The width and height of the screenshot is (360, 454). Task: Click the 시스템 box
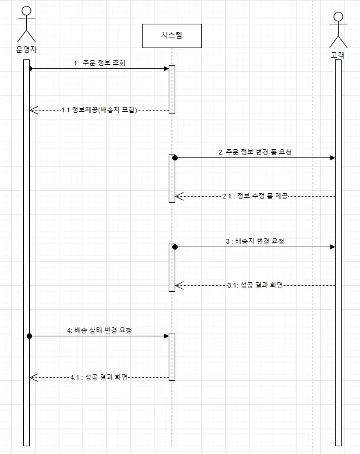(x=172, y=36)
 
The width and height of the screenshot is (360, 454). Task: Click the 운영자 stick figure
(x=26, y=24)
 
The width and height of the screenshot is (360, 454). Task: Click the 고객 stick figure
(x=338, y=29)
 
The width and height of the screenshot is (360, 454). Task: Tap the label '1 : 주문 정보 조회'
(x=99, y=62)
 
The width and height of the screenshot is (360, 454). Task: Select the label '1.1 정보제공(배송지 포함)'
(x=100, y=110)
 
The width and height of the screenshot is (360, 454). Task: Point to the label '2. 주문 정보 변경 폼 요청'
(x=255, y=152)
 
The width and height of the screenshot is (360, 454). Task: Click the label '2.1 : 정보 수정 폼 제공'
(x=255, y=196)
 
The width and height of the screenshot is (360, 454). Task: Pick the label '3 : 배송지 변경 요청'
(x=255, y=241)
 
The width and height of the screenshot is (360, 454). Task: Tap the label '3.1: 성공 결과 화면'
(x=255, y=285)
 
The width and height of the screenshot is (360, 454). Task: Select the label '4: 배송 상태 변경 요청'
(x=99, y=330)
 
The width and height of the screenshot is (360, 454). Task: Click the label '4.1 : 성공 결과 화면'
(x=99, y=377)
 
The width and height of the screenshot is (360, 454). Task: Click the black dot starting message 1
(x=29, y=69)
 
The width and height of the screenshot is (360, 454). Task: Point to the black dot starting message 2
(x=175, y=158)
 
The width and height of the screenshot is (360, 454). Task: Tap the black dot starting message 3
(x=175, y=247)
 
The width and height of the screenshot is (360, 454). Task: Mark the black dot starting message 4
(x=29, y=336)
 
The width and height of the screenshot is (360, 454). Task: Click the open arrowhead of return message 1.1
(x=33, y=110)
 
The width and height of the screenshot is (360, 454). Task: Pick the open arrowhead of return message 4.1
(x=33, y=377)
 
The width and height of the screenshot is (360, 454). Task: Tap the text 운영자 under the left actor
(x=26, y=50)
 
